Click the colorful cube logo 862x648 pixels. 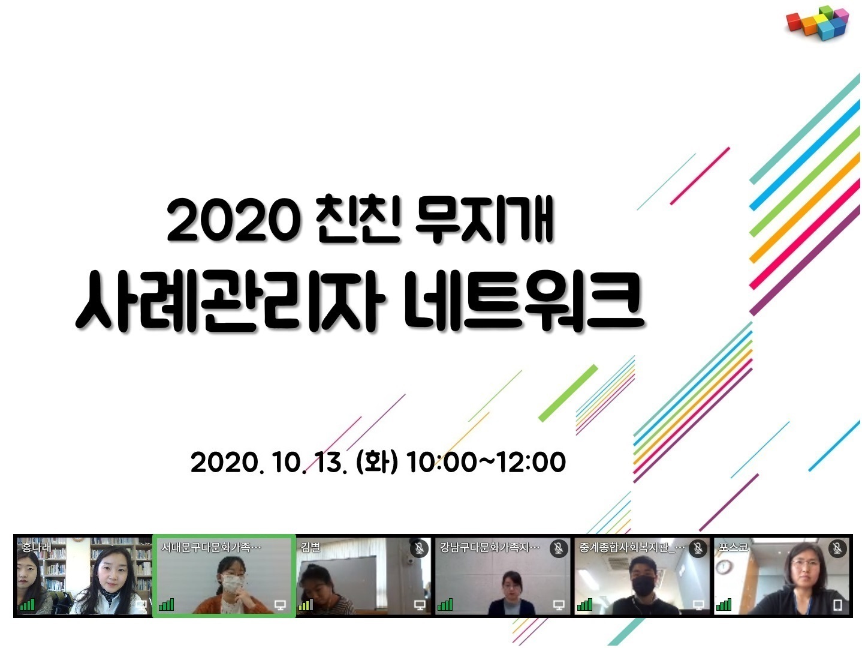817,23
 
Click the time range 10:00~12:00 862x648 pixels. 486,462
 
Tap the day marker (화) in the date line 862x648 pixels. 376,462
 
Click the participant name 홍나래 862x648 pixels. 37,547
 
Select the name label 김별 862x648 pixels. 311,547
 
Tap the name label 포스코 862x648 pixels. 733,547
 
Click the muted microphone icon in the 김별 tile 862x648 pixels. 419,548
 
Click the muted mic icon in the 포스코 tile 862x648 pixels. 837,548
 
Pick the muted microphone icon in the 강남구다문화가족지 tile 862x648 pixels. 558,548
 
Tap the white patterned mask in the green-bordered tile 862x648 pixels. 233,583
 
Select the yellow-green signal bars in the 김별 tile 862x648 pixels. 306,605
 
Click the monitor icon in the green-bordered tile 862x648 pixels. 280,605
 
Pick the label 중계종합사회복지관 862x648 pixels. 624,547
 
